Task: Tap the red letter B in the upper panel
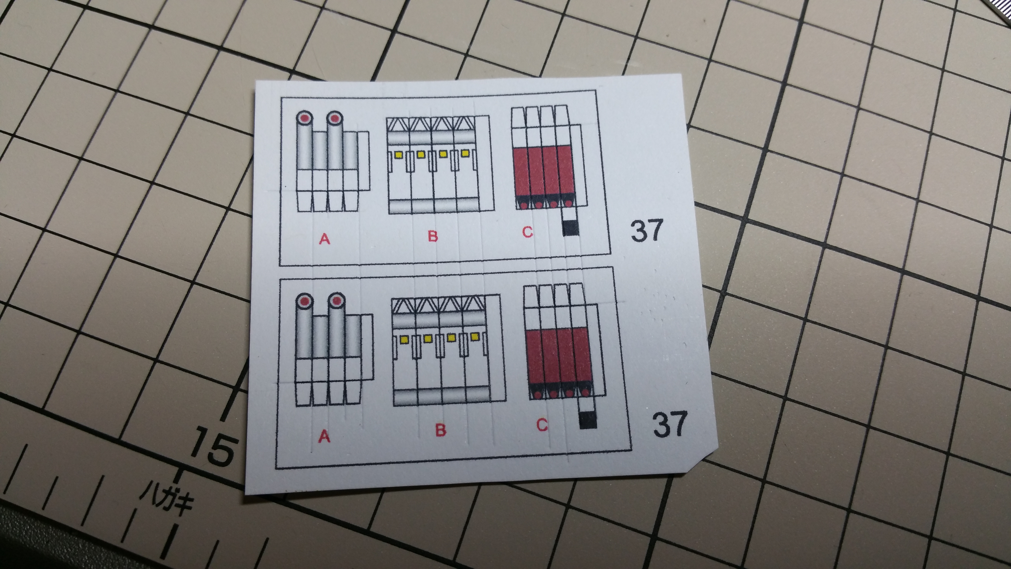(x=432, y=236)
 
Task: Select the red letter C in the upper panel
(x=527, y=233)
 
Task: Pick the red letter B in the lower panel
(x=441, y=430)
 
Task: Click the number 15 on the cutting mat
(x=214, y=448)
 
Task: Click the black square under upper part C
(x=571, y=228)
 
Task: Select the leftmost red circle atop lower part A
(x=304, y=301)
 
